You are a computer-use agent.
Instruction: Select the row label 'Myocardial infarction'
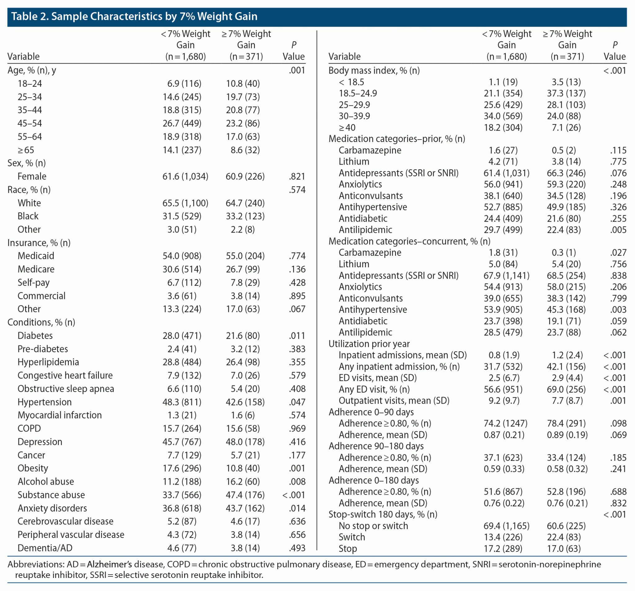(x=60, y=415)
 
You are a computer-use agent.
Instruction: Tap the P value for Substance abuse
(x=294, y=495)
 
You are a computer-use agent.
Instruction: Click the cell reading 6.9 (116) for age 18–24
(x=184, y=84)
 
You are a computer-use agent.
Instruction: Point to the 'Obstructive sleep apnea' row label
(x=65, y=389)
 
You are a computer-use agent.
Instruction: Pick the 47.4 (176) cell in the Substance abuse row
(x=245, y=495)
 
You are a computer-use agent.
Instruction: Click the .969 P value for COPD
(x=297, y=429)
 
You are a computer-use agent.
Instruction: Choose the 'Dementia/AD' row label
(x=45, y=548)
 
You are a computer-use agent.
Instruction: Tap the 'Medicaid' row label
(x=36, y=256)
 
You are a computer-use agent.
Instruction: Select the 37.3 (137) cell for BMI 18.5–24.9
(x=566, y=93)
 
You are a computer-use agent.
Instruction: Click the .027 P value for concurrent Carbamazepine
(x=618, y=252)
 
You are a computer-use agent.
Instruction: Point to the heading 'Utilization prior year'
(x=369, y=344)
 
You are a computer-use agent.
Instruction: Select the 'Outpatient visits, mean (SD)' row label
(x=394, y=401)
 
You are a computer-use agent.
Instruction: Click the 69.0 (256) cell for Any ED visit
(x=566, y=389)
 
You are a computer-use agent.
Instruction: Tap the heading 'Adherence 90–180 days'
(x=376, y=446)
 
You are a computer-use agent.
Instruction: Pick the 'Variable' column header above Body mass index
(x=344, y=56)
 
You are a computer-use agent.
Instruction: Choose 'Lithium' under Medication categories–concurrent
(x=353, y=264)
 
